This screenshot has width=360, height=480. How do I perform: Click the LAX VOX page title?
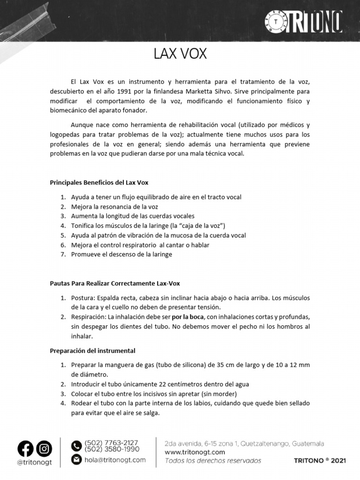point(180,54)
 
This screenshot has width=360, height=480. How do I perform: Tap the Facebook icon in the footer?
point(26,449)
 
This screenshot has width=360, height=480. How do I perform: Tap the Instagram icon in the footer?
point(45,449)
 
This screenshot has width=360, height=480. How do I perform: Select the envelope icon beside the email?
point(76,460)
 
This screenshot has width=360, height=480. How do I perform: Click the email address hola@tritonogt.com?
point(115,460)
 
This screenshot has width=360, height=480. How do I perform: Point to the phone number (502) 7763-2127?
point(111,442)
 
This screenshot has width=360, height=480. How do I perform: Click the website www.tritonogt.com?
point(195,452)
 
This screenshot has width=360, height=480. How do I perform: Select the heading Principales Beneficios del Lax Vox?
point(99,182)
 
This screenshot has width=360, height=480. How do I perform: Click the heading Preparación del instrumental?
point(93,350)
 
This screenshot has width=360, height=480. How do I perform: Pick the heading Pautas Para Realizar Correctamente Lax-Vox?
point(115,283)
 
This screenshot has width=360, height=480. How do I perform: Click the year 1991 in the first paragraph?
point(135,91)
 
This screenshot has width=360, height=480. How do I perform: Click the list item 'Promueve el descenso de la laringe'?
point(121,254)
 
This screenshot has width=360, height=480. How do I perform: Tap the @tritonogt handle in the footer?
point(34,462)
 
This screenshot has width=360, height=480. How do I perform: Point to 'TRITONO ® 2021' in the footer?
point(320,461)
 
